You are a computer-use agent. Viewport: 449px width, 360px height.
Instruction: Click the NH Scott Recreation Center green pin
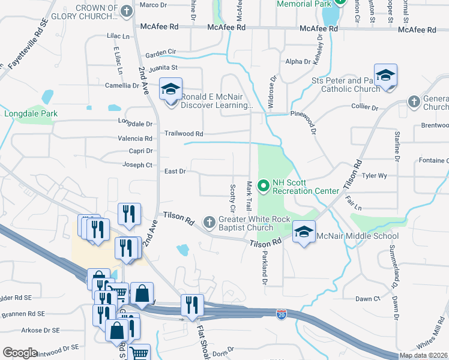pos(262,185)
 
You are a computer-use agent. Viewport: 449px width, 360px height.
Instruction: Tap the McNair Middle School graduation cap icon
pos(304,232)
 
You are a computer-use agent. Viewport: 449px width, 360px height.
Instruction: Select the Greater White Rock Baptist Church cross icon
pos(209,223)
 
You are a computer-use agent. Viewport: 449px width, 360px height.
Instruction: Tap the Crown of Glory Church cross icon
pos(127,11)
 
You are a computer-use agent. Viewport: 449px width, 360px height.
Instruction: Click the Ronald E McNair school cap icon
pos(170,90)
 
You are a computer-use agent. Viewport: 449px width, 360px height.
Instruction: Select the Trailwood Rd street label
pos(184,134)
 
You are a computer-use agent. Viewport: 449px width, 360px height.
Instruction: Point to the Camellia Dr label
pos(122,86)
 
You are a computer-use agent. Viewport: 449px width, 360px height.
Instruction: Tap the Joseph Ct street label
pos(137,164)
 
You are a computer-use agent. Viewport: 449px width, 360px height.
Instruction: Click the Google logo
pos(20,353)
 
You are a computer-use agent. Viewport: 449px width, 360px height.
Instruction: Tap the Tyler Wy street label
pos(374,176)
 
